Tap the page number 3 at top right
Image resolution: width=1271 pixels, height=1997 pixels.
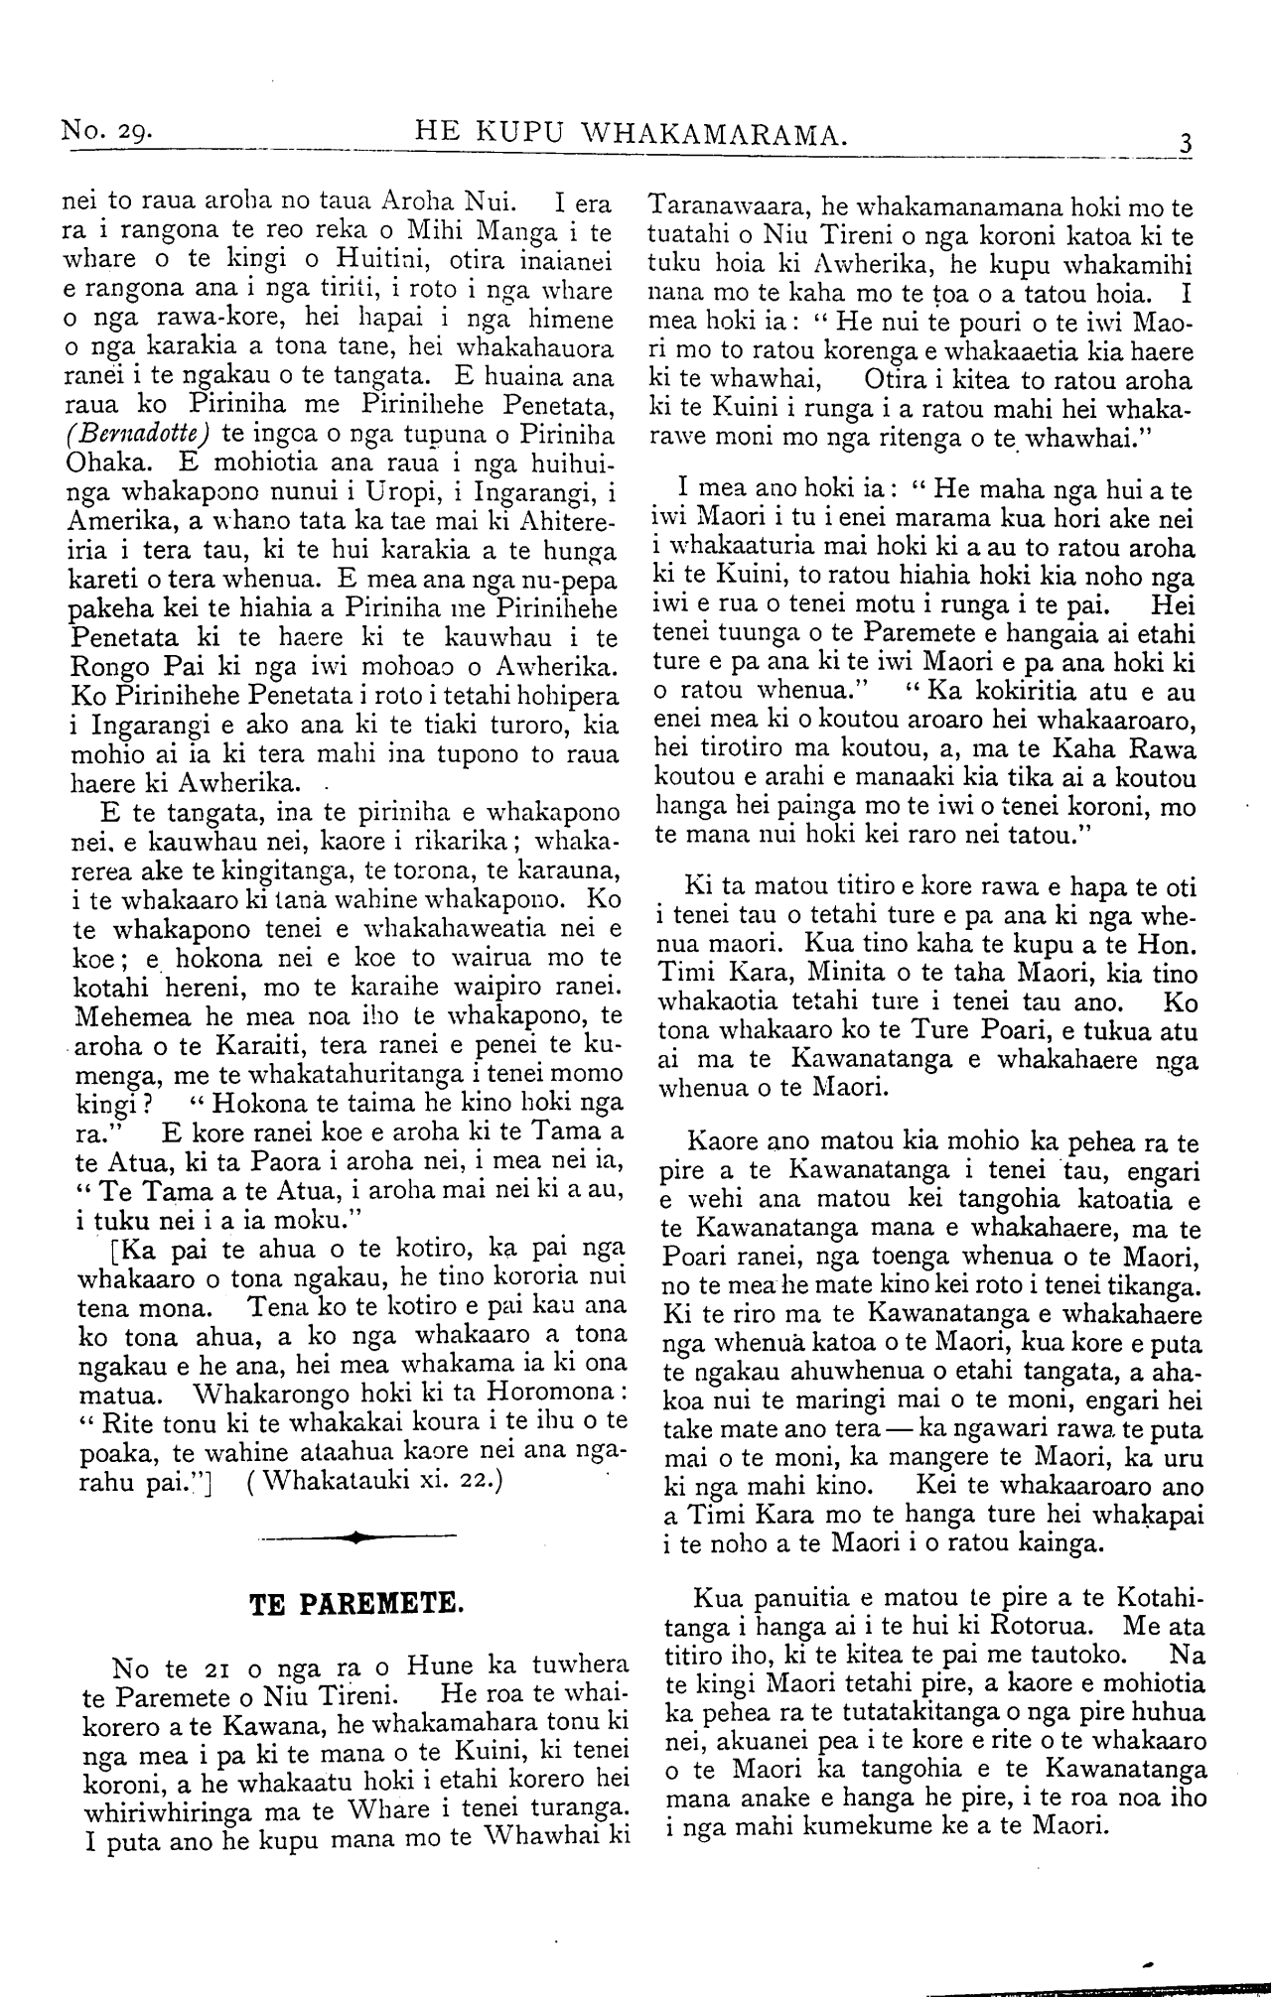click(1184, 140)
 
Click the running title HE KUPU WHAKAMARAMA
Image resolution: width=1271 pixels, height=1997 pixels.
click(631, 129)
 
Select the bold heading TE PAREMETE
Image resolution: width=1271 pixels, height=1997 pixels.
click(355, 1603)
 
